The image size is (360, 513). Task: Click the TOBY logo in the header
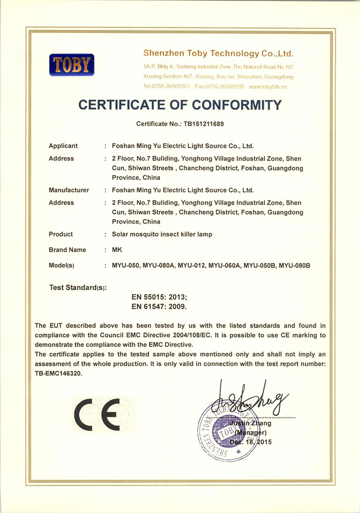(71, 65)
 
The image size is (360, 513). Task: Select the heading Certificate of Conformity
(179, 105)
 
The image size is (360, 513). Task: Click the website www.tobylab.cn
(267, 86)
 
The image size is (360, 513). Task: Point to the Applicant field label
(63, 146)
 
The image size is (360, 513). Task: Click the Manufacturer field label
(69, 190)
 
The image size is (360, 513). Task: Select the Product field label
(61, 234)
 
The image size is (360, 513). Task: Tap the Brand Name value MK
(116, 250)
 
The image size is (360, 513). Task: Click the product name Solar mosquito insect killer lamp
(162, 234)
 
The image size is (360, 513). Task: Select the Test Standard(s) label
(78, 287)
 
